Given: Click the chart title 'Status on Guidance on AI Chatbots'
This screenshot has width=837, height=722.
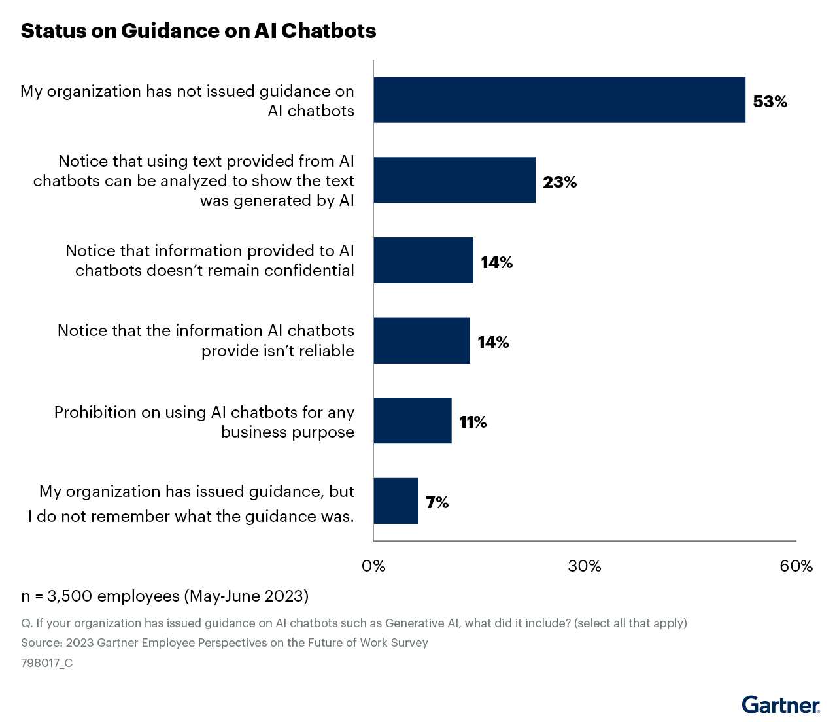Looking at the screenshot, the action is point(198,31).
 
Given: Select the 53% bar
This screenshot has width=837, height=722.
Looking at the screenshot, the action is point(559,99).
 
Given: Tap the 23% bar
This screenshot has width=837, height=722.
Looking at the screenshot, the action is point(454,180).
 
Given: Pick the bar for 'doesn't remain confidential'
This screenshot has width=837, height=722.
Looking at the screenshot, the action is point(423,260).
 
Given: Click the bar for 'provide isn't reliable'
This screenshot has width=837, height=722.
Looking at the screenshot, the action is point(422,341).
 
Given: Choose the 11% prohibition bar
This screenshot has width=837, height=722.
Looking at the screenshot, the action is point(412,421).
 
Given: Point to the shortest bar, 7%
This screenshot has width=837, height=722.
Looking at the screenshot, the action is point(396,501).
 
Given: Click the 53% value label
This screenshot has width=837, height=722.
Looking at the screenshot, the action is point(770,101).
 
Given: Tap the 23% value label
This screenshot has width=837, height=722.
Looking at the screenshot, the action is point(560,182).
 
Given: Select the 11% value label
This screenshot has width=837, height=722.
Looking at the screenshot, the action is point(473,422).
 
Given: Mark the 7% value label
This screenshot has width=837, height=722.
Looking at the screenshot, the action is point(437,503).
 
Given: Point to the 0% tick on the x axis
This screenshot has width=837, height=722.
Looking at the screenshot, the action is point(373,566).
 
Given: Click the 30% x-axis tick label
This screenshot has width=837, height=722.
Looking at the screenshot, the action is point(585,566).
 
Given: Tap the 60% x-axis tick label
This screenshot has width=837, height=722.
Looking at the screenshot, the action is point(796,566).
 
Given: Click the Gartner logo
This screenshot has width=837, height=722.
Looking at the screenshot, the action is point(781,705).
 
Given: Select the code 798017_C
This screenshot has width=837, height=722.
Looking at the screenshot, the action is point(46,663).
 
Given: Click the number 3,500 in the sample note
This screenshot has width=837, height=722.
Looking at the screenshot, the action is point(70,596).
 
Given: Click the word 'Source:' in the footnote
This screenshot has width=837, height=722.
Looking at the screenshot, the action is point(41,643).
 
